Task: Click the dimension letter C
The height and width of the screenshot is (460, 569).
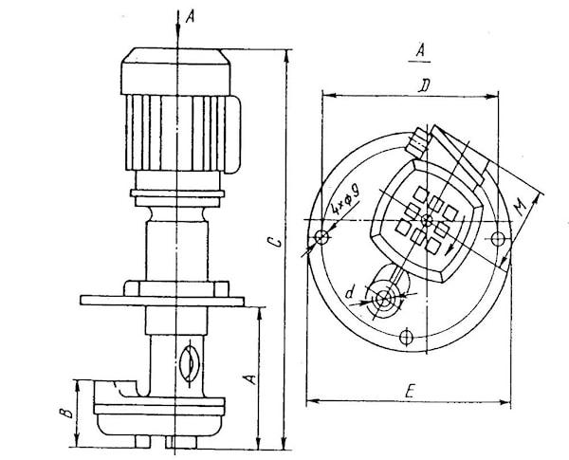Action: pyautogui.click(x=273, y=244)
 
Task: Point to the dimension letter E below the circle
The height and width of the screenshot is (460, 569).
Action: pyautogui.click(x=409, y=391)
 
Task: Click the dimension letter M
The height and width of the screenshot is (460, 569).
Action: pyautogui.click(x=519, y=205)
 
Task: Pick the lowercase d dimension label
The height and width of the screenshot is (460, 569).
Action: pyautogui.click(x=351, y=293)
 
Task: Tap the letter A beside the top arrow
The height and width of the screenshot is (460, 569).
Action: pyautogui.click(x=192, y=17)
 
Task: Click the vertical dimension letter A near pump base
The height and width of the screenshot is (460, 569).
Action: pyautogui.click(x=249, y=377)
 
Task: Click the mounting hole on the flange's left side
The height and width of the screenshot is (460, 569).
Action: pyautogui.click(x=322, y=236)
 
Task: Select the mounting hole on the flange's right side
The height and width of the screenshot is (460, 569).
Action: pyautogui.click(x=497, y=237)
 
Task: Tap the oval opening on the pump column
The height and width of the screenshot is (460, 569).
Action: pyautogui.click(x=189, y=362)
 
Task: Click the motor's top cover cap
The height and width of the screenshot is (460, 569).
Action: pyautogui.click(x=175, y=59)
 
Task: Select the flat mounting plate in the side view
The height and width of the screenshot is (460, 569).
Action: pyautogui.click(x=161, y=301)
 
